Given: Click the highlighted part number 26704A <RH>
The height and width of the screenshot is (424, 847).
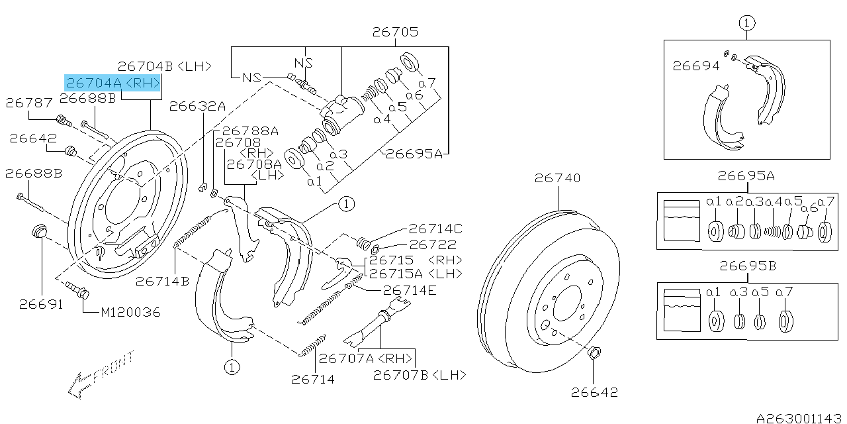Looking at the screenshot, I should tap(113, 82).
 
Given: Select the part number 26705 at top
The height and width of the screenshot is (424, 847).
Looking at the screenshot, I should tap(395, 32).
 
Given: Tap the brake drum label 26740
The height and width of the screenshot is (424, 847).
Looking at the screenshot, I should tap(558, 178).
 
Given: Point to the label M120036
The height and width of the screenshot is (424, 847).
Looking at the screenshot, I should tap(130, 311).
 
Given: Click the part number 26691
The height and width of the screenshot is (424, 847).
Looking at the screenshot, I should tap(41, 304).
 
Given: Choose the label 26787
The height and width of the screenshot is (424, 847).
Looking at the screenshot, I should tap(28, 103).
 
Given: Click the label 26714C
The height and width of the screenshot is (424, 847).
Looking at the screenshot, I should tap(435, 229).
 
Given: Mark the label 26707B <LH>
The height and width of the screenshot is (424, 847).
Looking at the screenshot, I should tap(420, 375).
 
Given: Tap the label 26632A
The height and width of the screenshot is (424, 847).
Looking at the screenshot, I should tap(197, 105).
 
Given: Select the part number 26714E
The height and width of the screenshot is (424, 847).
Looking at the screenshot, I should tap(410, 290).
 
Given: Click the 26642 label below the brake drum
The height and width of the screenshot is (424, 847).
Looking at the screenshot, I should tap(594, 392).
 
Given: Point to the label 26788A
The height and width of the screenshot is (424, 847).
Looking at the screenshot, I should tap(250, 131).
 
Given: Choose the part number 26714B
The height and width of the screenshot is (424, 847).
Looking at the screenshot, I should tap(163, 281).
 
